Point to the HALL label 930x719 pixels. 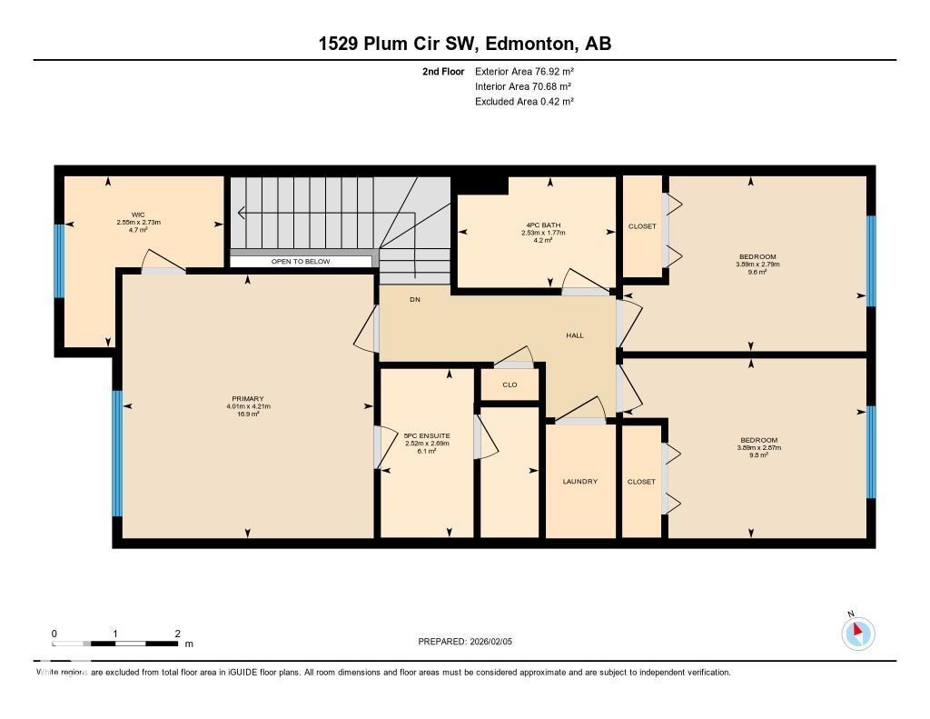click(x=575, y=335)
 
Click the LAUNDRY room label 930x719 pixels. click(x=579, y=481)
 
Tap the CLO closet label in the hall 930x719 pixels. click(x=510, y=384)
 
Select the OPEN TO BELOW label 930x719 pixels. click(x=301, y=262)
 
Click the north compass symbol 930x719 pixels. click(x=857, y=633)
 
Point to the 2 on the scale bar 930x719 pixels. click(x=178, y=634)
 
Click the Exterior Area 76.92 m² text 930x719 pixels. click(x=524, y=71)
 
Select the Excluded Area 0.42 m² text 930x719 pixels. click(x=524, y=102)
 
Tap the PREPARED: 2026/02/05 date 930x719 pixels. click(x=464, y=642)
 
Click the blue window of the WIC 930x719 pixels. click(x=59, y=260)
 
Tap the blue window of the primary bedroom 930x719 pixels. click(x=117, y=453)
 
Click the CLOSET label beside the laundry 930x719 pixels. click(x=641, y=482)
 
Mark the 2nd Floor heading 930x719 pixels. click(x=443, y=71)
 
